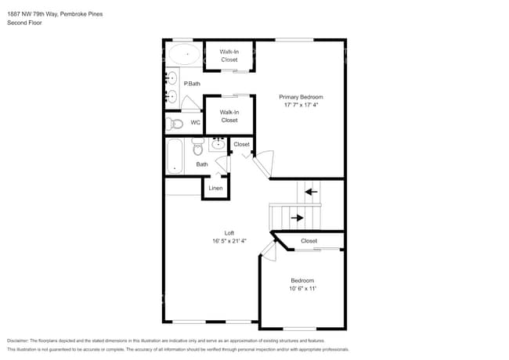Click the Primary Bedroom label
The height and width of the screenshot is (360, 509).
tap(301, 97)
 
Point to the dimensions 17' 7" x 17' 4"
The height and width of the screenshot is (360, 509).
tap(301, 105)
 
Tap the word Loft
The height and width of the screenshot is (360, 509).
tap(229, 232)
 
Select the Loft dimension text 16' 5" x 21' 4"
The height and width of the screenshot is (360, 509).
tap(229, 240)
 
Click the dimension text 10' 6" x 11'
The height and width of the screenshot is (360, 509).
tap(302, 289)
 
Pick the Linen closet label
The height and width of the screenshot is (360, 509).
tap(215, 188)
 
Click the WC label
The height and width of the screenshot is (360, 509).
tap(195, 123)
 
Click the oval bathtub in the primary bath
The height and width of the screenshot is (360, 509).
tap(185, 54)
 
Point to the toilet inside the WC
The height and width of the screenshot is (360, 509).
tap(175, 124)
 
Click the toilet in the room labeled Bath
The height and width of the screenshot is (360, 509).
tap(198, 146)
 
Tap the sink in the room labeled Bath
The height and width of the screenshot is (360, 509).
tap(217, 144)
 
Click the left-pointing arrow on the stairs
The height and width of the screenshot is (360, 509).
tap(311, 191)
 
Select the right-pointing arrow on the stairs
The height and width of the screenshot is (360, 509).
tap(296, 218)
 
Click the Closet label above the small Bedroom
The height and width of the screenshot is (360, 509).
tap(309, 241)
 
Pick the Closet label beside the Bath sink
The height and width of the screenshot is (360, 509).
tap(241, 144)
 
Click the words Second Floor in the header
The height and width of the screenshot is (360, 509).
tap(24, 23)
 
